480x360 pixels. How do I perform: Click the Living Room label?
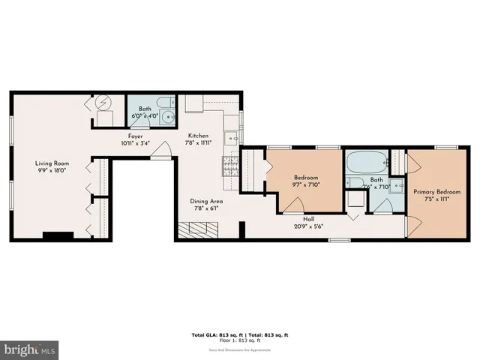point(52,163)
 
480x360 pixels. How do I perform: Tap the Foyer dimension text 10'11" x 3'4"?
point(136,143)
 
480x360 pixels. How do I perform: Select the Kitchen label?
point(198,135)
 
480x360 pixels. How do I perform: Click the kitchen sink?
point(233,137)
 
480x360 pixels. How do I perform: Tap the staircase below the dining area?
point(196,230)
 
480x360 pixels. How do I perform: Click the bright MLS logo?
point(30,350)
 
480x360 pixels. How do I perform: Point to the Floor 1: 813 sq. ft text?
point(239,340)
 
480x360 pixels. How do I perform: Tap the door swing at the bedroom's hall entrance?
point(293,205)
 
